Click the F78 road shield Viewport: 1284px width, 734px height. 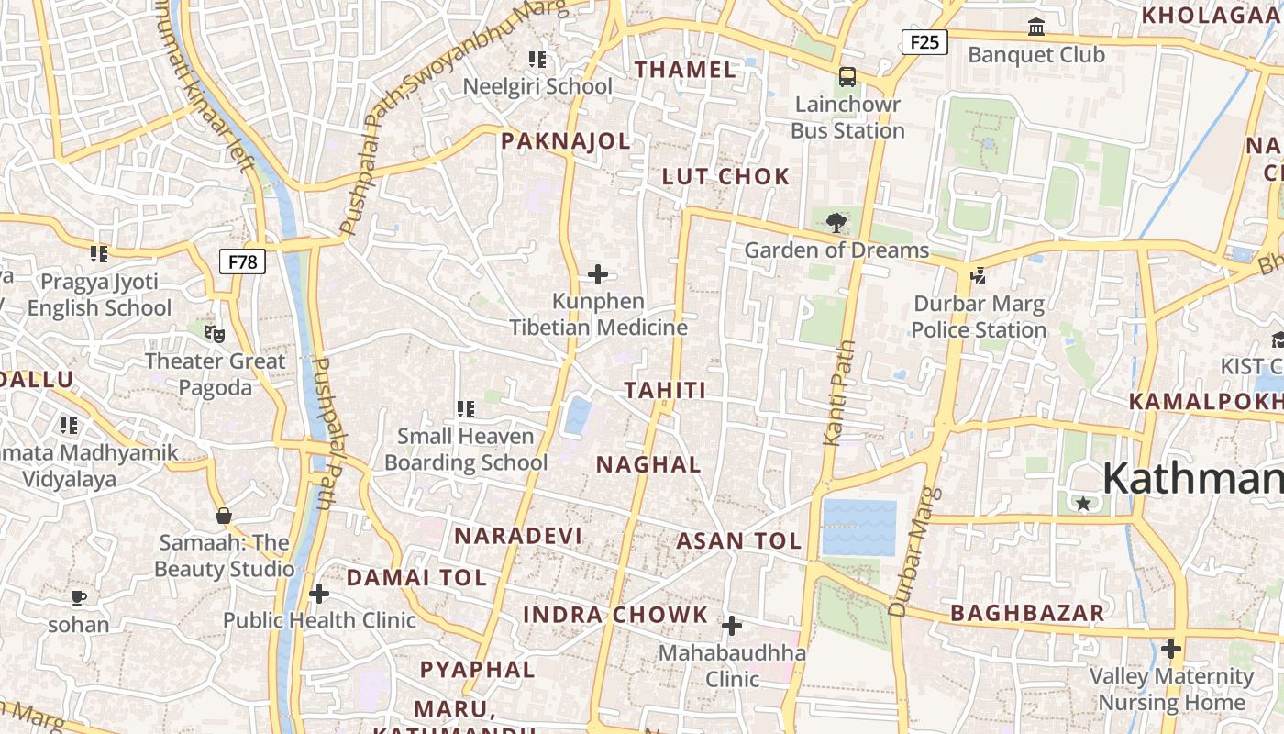pyautogui.click(x=243, y=262)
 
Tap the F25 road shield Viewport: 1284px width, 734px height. pyautogui.click(x=924, y=41)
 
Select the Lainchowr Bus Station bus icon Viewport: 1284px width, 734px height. pyautogui.click(x=847, y=77)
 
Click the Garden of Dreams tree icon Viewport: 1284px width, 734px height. pyautogui.click(x=836, y=222)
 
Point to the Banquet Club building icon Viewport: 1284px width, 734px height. pyautogui.click(x=1036, y=28)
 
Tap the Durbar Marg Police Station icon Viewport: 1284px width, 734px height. pyautogui.click(x=979, y=275)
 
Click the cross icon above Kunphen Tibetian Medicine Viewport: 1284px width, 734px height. pyautogui.click(x=598, y=274)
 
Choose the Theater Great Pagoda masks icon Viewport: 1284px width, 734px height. pyautogui.click(x=215, y=334)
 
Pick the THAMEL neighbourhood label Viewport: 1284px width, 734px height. pyautogui.click(x=686, y=70)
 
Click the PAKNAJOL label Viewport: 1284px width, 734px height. pyautogui.click(x=566, y=141)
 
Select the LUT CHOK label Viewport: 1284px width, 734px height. pyautogui.click(x=725, y=177)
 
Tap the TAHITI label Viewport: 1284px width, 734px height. pyautogui.click(x=666, y=391)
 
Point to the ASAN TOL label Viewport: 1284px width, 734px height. pyautogui.click(x=739, y=541)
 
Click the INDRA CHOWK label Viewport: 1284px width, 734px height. pyautogui.click(x=615, y=615)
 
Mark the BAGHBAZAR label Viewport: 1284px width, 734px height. pyautogui.click(x=1027, y=613)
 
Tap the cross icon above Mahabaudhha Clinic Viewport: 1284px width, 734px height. pyautogui.click(x=731, y=626)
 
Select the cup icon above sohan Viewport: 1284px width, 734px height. pyautogui.click(x=79, y=598)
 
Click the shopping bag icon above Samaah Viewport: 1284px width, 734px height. pyautogui.click(x=223, y=516)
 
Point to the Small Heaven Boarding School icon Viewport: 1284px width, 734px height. pyautogui.click(x=465, y=408)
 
